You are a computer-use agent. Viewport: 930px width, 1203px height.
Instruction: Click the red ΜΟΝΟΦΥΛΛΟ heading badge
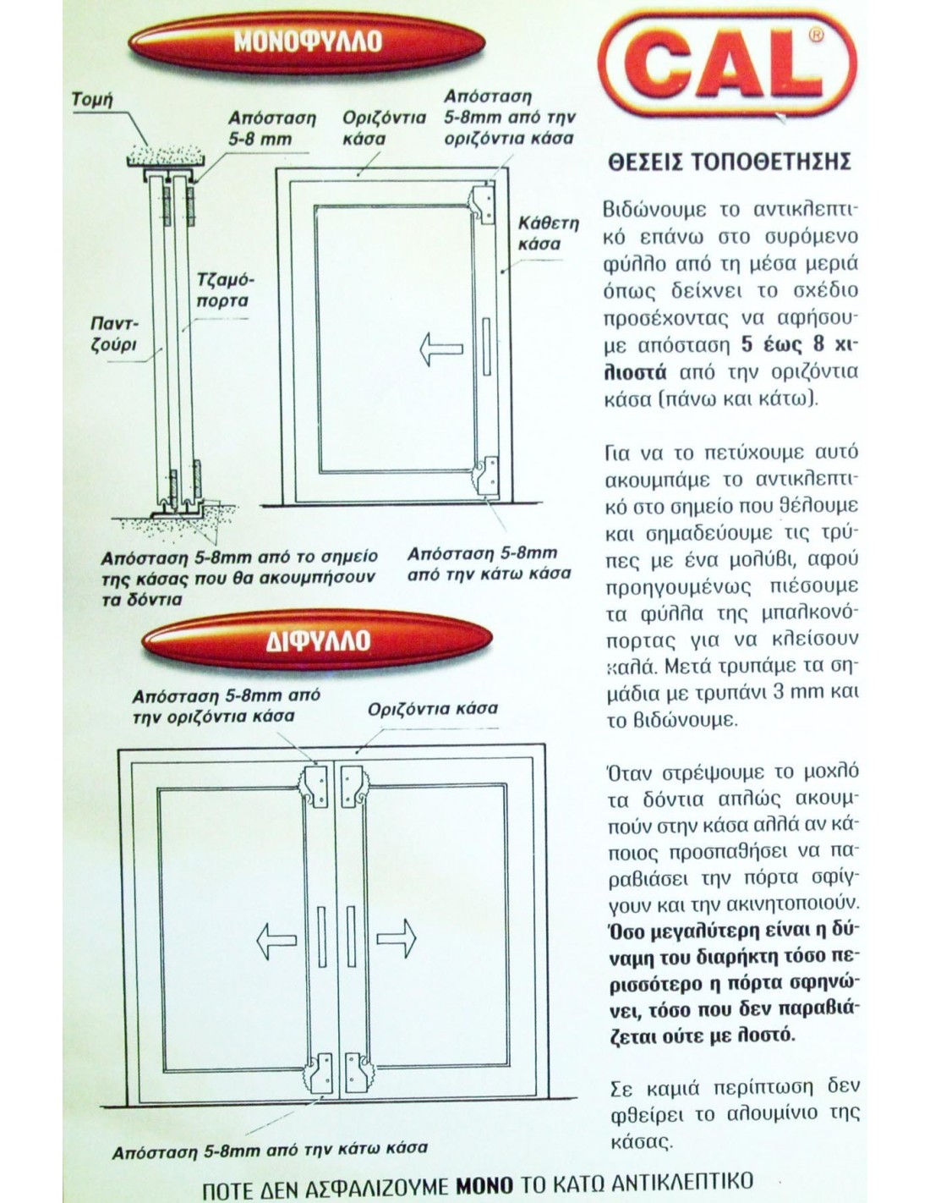pyautogui.click(x=307, y=41)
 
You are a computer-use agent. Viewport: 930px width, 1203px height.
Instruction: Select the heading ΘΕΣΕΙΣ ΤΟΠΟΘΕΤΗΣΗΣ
pyautogui.click(x=729, y=162)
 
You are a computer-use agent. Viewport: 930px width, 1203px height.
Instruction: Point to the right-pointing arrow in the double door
pyautogui.click(x=395, y=937)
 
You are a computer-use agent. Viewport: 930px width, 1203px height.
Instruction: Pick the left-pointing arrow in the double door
pyautogui.click(x=276, y=937)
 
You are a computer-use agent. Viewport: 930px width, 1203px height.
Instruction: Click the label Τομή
pyautogui.click(x=92, y=100)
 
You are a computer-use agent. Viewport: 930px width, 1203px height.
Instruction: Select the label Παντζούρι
pyautogui.click(x=113, y=335)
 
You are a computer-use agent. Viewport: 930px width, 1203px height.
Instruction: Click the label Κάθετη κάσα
pyautogui.click(x=548, y=233)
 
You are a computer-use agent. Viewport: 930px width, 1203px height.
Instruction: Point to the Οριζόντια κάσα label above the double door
pyautogui.click(x=432, y=708)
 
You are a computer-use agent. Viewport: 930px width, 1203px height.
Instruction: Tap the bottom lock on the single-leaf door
pyautogui.click(x=485, y=474)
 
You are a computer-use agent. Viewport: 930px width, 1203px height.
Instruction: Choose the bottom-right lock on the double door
pyautogui.click(x=355, y=1072)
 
